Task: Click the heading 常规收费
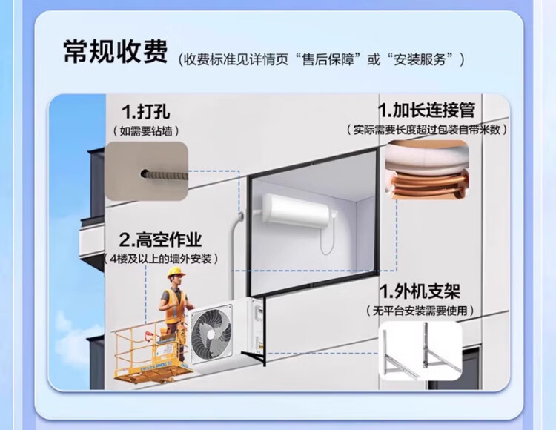click(115, 51)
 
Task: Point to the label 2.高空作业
click(160, 240)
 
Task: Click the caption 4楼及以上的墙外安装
click(160, 259)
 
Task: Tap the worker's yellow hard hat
click(176, 273)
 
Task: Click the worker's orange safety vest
click(173, 304)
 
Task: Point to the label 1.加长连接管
click(427, 110)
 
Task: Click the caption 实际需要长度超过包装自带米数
click(427, 130)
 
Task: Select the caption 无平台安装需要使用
click(420, 309)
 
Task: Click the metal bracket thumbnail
click(420, 351)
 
